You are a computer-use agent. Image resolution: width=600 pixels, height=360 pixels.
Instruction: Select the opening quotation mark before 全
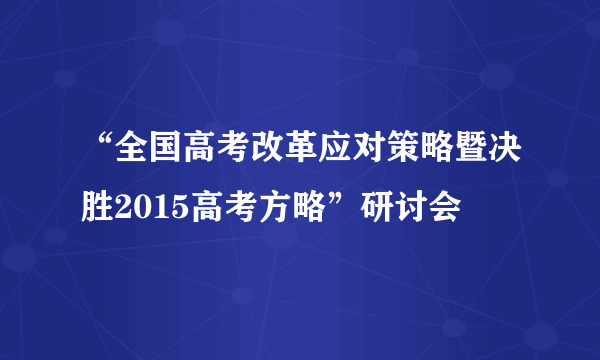[105, 150]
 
